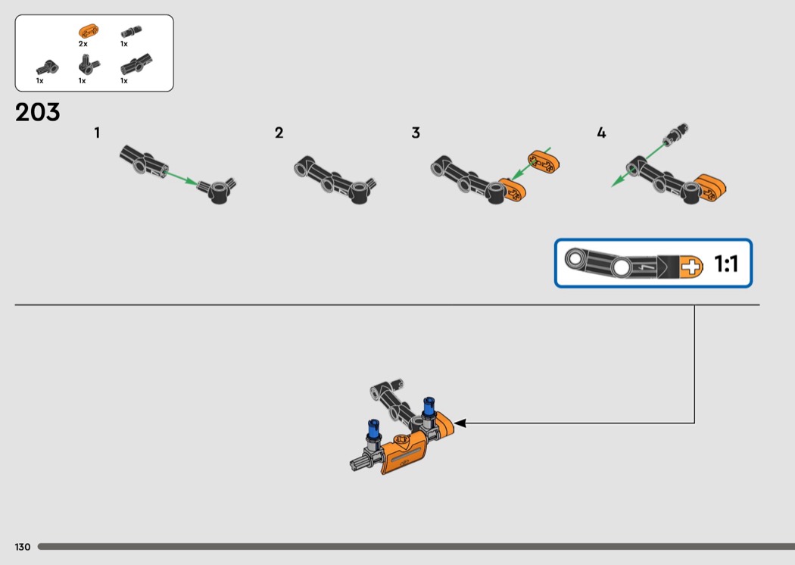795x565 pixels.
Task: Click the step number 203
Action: click(x=38, y=112)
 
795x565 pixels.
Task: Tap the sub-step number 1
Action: click(x=97, y=133)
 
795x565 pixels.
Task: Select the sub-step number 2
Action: click(x=279, y=133)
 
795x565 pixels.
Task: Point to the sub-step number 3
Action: click(x=416, y=133)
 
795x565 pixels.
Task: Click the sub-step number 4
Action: click(x=601, y=133)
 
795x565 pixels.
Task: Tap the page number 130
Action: click(x=23, y=547)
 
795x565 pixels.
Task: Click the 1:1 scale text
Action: click(x=726, y=264)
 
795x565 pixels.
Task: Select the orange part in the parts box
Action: click(x=89, y=32)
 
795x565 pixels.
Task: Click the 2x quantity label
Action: click(x=83, y=44)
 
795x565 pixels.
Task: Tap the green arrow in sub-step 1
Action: click(x=181, y=178)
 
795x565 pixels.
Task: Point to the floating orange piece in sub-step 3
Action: click(x=544, y=161)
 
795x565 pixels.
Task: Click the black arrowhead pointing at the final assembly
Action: click(x=460, y=423)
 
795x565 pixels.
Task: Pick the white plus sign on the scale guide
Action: click(x=691, y=267)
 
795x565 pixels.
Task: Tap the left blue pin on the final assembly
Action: click(x=374, y=430)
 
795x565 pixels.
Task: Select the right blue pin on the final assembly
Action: click(x=429, y=407)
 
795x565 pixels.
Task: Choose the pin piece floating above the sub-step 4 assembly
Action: click(x=675, y=133)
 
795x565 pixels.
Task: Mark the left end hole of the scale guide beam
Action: click(x=575, y=259)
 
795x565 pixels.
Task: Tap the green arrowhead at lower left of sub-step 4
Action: click(x=617, y=182)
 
